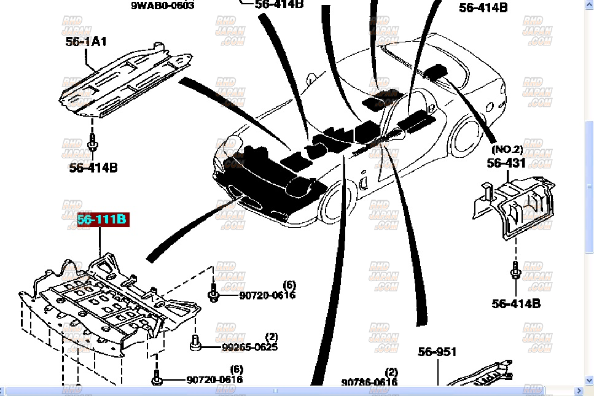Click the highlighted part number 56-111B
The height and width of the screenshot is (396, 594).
tap(102, 220)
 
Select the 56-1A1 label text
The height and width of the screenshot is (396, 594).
tap(86, 41)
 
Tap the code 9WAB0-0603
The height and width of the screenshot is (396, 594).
tap(162, 6)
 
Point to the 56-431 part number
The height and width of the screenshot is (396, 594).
tap(507, 163)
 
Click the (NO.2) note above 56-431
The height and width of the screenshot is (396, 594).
tap(506, 149)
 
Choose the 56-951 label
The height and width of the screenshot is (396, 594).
tap(437, 352)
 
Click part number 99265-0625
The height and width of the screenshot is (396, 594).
tap(249, 347)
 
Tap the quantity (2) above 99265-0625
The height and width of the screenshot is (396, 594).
tap(271, 336)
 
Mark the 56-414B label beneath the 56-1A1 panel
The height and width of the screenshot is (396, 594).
tap(93, 168)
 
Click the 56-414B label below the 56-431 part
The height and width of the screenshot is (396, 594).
tap(516, 303)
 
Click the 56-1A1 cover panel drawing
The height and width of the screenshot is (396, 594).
tap(123, 80)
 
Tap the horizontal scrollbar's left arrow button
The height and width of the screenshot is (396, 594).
tap(5, 390)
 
